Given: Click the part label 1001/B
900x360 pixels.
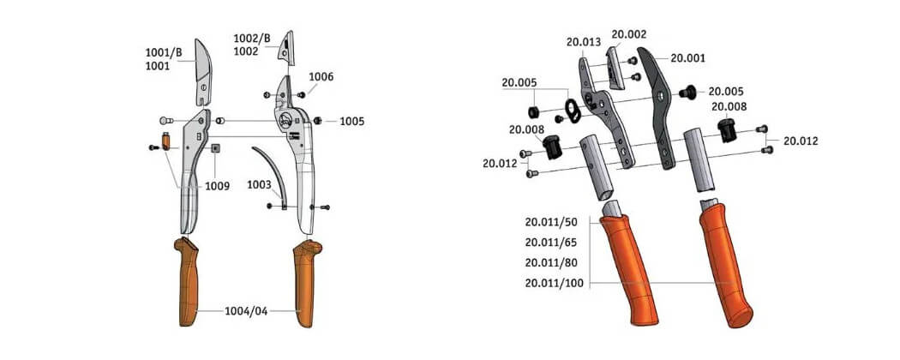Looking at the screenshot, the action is click(x=164, y=53).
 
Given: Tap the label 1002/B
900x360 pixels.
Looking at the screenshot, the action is click(x=251, y=39).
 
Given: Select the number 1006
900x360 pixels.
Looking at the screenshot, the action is click(x=321, y=77).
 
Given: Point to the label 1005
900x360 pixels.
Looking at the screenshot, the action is click(x=351, y=122).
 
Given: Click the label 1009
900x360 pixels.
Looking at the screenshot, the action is click(x=217, y=186).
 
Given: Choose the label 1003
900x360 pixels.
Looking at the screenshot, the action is click(x=259, y=185).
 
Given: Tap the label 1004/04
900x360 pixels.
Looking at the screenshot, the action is click(x=246, y=311).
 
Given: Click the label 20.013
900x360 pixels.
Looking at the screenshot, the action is click(x=583, y=42).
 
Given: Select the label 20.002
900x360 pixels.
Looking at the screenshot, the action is click(x=629, y=34).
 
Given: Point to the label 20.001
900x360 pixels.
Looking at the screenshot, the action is click(x=688, y=58).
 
